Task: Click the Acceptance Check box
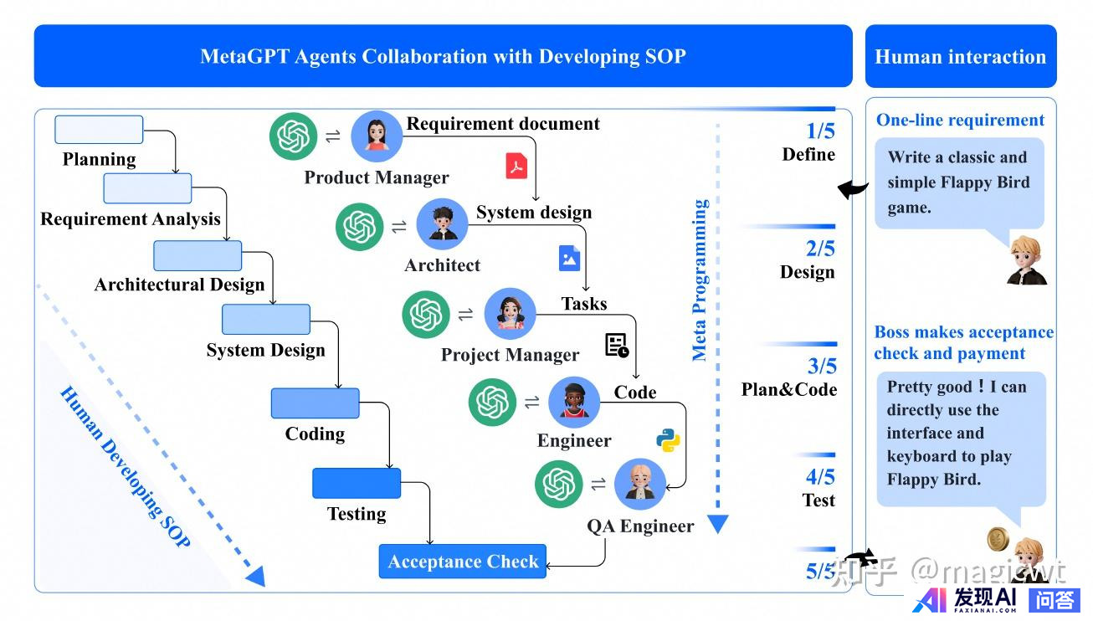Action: (x=463, y=562)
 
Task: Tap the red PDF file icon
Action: (x=516, y=166)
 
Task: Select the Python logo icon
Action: (x=668, y=440)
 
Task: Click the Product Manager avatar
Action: (x=377, y=136)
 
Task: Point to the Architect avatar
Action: (x=442, y=224)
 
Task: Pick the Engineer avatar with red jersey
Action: (x=574, y=402)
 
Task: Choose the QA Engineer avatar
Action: (x=640, y=484)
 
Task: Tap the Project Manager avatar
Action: (x=510, y=313)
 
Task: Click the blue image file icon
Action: (x=569, y=258)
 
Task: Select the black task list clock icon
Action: (x=617, y=346)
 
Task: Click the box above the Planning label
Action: (x=99, y=130)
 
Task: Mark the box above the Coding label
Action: (x=315, y=403)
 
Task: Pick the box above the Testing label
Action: (x=357, y=483)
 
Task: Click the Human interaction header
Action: (x=960, y=57)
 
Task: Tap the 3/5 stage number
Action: (x=822, y=367)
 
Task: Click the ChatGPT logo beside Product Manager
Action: (x=294, y=136)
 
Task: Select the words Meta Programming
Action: (x=700, y=280)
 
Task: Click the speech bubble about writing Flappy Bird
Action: (x=959, y=182)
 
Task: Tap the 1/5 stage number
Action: (x=820, y=131)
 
